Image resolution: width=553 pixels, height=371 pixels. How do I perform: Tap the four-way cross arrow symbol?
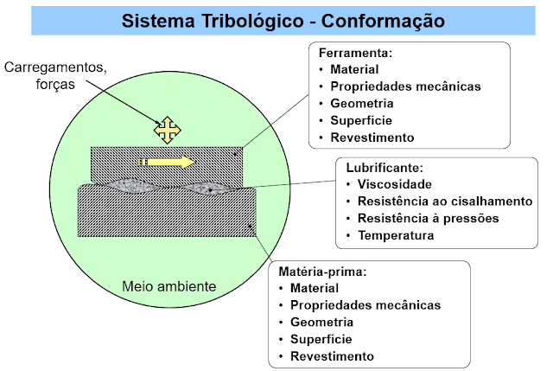point(168,130)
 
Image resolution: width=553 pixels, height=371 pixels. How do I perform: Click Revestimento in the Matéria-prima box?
point(333,355)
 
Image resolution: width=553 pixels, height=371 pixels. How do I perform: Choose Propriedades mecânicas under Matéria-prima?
point(366,304)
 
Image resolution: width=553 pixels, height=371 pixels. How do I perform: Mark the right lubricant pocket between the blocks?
point(208,188)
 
